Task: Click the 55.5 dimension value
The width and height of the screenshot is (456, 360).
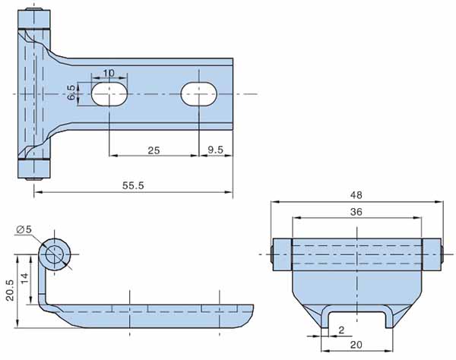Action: [132, 186]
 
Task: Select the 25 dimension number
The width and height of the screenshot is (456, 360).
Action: [154, 150]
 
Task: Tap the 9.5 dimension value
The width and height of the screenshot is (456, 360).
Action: [215, 150]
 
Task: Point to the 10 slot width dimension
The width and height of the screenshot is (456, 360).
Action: [109, 74]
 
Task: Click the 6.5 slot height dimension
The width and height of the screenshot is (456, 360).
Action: [71, 93]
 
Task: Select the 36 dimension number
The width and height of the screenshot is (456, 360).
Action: [356, 213]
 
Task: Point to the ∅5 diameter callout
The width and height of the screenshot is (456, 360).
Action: [23, 229]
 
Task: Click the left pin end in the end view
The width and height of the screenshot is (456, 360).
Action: [273, 254]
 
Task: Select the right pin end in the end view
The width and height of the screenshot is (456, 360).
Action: [439, 254]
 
